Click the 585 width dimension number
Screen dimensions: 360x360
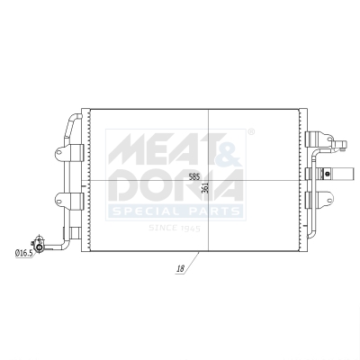(x=194, y=176)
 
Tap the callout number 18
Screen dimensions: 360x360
(x=181, y=268)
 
